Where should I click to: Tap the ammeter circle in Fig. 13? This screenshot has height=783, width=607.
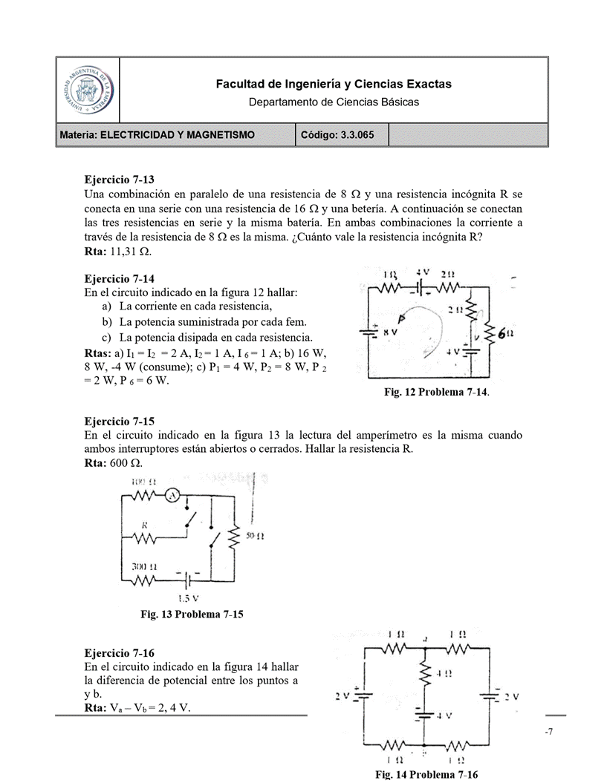click(171, 496)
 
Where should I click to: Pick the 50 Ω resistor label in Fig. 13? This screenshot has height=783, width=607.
click(254, 534)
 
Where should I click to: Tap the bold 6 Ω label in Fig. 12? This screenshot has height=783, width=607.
click(506, 335)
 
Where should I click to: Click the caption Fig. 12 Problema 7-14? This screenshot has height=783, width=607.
click(436, 392)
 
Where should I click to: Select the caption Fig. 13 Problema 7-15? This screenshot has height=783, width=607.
click(192, 614)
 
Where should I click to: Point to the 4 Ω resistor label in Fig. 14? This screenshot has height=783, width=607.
click(444, 674)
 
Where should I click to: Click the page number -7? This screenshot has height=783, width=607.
click(548, 733)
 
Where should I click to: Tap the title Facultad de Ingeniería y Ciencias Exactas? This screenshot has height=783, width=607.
click(334, 85)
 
